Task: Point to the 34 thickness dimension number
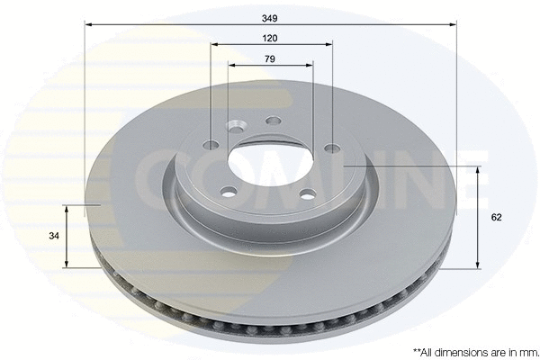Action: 54,236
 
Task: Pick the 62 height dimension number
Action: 496,217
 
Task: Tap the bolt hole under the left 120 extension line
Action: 211,145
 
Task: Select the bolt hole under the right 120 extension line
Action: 332,148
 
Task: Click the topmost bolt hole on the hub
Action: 274,121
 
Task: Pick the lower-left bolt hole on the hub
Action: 229,191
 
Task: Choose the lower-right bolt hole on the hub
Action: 306,192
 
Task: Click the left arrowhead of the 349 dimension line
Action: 88,24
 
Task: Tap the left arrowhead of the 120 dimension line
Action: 214,44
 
